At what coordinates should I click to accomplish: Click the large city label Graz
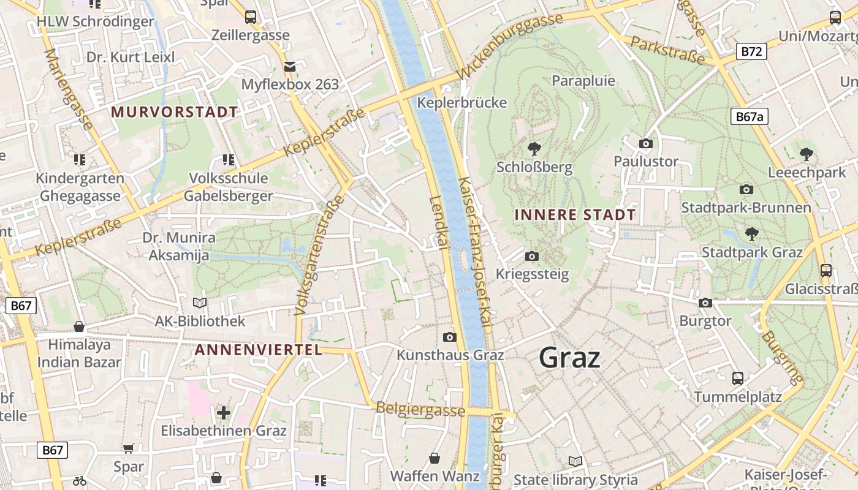(x=569, y=358)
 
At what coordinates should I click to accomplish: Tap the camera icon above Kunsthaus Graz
(x=450, y=337)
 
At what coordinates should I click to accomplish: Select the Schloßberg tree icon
(x=534, y=148)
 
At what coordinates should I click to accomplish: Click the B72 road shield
(x=751, y=51)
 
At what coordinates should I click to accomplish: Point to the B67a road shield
(x=750, y=116)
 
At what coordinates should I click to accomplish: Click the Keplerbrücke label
(x=462, y=102)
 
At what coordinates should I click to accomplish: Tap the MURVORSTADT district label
(x=175, y=112)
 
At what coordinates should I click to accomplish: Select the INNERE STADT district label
(x=575, y=215)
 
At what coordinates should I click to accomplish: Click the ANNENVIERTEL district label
(x=258, y=350)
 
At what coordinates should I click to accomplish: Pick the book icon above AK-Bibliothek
(x=200, y=303)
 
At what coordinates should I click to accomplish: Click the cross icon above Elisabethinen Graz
(x=224, y=412)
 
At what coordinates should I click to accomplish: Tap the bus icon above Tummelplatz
(x=738, y=379)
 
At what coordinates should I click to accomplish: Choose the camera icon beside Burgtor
(x=705, y=303)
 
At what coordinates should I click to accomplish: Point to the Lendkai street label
(x=436, y=222)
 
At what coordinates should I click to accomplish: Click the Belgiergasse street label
(x=420, y=409)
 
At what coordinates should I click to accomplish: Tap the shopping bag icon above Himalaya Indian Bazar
(x=79, y=326)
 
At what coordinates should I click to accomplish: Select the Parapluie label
(x=583, y=81)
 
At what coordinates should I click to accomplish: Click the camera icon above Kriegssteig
(x=532, y=256)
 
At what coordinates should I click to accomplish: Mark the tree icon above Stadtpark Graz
(x=751, y=233)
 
